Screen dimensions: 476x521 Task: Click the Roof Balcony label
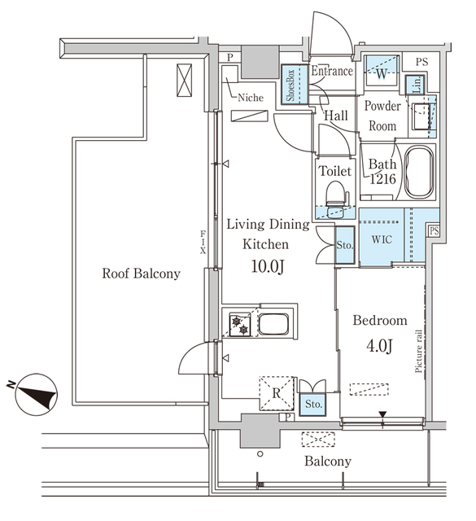(x=141, y=274)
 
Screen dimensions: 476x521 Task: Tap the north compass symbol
(x=36, y=395)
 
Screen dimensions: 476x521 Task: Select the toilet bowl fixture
(x=336, y=199)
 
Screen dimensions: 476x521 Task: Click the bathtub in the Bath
(x=419, y=173)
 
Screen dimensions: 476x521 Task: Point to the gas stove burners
(x=240, y=326)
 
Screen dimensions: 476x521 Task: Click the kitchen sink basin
(x=273, y=324)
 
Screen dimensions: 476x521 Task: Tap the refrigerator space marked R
(x=277, y=393)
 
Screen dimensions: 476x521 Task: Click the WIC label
(x=382, y=239)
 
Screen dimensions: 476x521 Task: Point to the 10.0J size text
(x=268, y=266)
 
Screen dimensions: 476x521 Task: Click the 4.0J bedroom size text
(x=379, y=346)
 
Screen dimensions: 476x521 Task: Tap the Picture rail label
(x=418, y=351)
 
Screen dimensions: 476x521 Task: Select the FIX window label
(x=203, y=243)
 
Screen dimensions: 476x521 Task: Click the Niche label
(x=251, y=98)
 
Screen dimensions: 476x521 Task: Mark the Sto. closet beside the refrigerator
(x=312, y=404)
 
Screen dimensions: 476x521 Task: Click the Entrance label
(x=332, y=71)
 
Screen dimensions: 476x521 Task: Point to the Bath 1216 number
(x=382, y=179)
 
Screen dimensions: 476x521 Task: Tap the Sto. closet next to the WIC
(x=345, y=245)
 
